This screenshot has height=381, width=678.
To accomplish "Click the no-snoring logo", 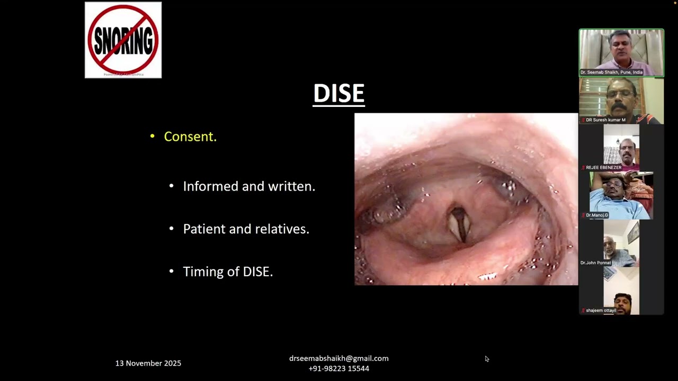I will (123, 40).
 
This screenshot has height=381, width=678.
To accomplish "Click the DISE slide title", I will (338, 94).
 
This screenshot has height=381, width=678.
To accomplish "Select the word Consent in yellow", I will (190, 137).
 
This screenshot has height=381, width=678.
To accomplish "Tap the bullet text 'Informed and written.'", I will (249, 186).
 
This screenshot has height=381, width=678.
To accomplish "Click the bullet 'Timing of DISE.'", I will (228, 272).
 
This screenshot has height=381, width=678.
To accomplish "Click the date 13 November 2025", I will (148, 364).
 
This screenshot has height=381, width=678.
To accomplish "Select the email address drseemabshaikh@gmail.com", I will (339, 358).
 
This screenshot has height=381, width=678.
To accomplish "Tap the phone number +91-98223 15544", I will (339, 368).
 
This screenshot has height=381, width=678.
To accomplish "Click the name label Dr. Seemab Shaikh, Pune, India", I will (611, 72).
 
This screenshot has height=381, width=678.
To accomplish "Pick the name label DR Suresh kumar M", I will (605, 120).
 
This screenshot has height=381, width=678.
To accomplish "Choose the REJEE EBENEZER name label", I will (603, 167).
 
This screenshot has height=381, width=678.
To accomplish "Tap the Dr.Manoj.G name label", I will (596, 215).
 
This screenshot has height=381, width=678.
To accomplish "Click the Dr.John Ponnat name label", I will (595, 262).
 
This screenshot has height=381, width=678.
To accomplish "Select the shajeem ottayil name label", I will (601, 311).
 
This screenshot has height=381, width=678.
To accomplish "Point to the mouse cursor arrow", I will (487, 359).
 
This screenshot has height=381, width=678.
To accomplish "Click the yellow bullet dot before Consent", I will (153, 137).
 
